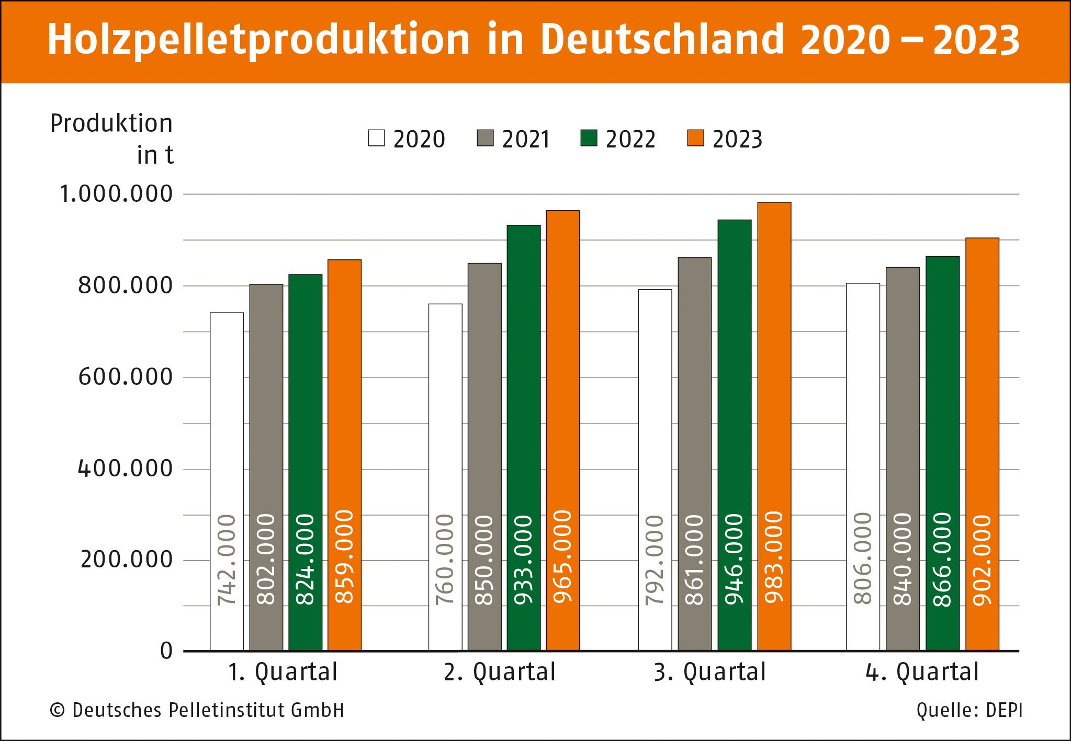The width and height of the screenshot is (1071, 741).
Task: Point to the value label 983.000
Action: click(x=774, y=557)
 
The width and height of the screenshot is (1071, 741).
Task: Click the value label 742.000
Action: click(x=227, y=560)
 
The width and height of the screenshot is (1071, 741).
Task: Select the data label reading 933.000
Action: click(x=523, y=560)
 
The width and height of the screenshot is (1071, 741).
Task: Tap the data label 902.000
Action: click(x=982, y=560)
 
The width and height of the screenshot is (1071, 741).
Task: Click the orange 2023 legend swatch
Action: click(x=695, y=138)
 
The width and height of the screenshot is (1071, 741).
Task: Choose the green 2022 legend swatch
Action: click(x=589, y=138)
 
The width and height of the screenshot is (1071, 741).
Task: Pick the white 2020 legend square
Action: click(x=376, y=138)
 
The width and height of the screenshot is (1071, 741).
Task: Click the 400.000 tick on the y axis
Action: click(x=125, y=469)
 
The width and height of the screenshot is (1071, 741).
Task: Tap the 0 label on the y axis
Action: click(x=166, y=651)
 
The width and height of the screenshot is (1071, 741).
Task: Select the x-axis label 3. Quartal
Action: click(x=709, y=672)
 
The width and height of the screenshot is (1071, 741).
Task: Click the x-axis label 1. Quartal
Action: click(x=283, y=672)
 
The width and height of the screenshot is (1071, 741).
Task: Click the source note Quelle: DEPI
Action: click(x=969, y=710)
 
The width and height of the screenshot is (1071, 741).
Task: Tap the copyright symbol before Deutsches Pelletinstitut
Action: click(x=57, y=711)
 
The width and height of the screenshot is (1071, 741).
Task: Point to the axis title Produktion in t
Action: click(x=111, y=139)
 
